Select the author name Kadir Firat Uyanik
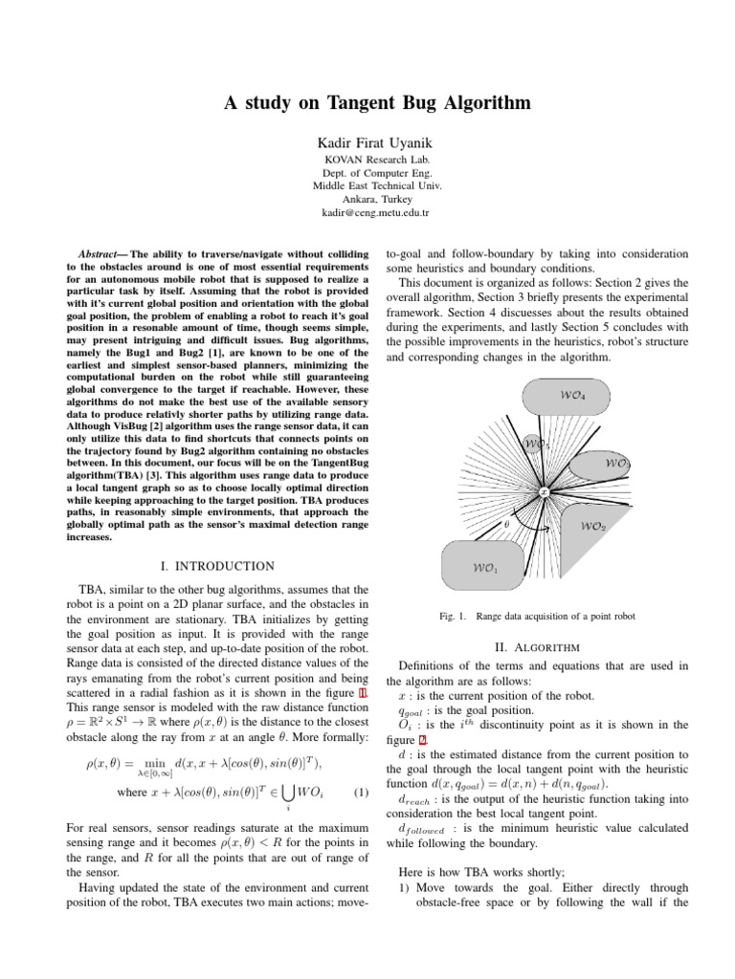click(367, 141)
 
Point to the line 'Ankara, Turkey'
click(367, 199)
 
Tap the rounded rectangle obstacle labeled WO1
click(485, 567)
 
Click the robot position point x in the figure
click(543, 492)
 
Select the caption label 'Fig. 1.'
click(453, 617)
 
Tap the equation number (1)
click(361, 793)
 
